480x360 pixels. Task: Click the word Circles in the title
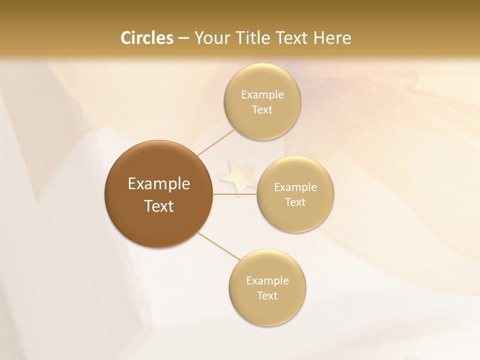(146, 38)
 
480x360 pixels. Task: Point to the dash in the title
(183, 38)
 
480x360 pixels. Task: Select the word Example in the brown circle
(159, 184)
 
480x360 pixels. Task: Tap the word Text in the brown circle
(159, 206)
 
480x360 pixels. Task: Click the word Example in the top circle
(262, 95)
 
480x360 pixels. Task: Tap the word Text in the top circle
(262, 110)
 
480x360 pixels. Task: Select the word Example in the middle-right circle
(295, 187)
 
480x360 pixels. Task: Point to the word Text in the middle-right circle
(295, 202)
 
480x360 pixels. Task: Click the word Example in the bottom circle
(267, 281)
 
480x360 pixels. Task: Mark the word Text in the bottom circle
(267, 296)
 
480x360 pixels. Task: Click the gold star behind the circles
(238, 175)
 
